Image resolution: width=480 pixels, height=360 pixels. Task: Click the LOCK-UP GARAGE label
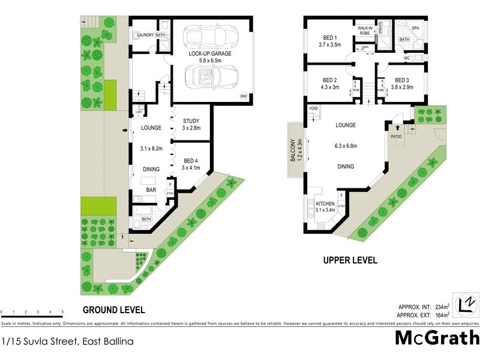(x=211, y=53)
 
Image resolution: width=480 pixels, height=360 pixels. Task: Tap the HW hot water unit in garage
(x=243, y=96)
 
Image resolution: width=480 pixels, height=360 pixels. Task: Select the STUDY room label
(x=191, y=121)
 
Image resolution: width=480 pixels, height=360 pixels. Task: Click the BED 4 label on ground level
(x=191, y=161)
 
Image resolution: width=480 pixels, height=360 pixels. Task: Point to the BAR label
(x=152, y=190)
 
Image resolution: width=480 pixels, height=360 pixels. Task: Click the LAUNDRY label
(x=145, y=35)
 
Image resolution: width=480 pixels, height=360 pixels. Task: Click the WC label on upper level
(x=407, y=58)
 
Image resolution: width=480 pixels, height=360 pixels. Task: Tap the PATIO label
(x=395, y=136)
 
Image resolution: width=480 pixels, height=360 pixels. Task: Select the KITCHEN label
(x=326, y=203)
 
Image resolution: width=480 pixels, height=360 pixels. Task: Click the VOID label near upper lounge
(x=313, y=109)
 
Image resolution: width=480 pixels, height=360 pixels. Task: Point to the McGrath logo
(x=436, y=337)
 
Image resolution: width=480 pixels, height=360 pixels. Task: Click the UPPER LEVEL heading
(x=350, y=260)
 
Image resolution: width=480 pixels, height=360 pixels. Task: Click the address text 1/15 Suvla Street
(x=67, y=341)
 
